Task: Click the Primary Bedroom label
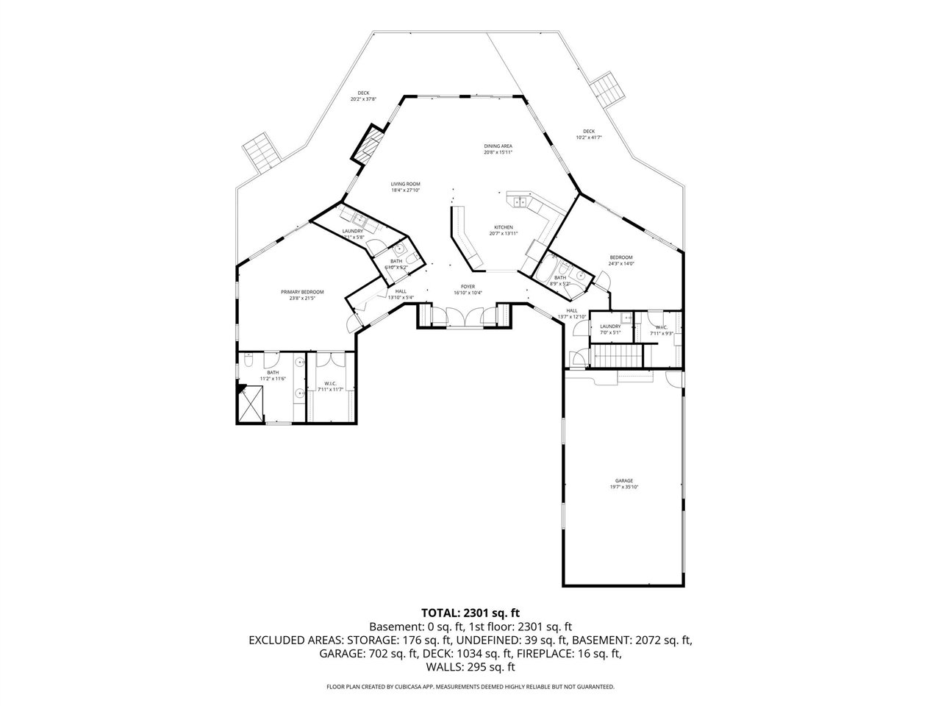tap(302, 292)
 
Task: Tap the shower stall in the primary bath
tap(251, 404)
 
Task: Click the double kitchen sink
tap(519, 201)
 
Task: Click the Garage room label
tap(624, 481)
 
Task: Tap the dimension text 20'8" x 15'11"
tap(498, 153)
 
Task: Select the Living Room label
tap(405, 184)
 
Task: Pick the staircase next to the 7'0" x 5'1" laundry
tap(618, 357)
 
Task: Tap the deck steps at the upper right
tap(609, 90)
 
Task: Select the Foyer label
tap(468, 287)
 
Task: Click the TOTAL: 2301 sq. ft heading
tap(470, 612)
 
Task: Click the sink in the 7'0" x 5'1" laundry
tap(626, 318)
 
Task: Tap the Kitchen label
tap(504, 227)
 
